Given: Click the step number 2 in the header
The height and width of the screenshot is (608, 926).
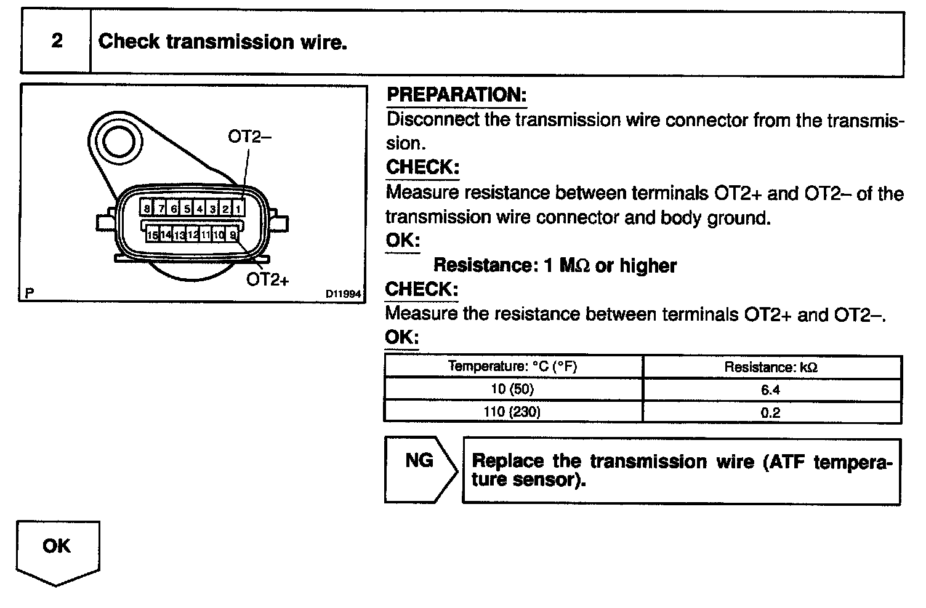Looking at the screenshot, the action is click(x=57, y=41).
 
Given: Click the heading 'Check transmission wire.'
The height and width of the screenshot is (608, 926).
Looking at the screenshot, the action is click(x=222, y=41).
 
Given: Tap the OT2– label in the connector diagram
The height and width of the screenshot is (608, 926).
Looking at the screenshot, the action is click(x=249, y=136).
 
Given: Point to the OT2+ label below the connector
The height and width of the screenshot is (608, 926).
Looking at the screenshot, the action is click(x=267, y=279).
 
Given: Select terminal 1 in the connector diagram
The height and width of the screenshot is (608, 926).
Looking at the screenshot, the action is click(x=238, y=209).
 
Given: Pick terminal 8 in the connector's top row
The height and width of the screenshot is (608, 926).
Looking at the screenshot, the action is click(x=147, y=209).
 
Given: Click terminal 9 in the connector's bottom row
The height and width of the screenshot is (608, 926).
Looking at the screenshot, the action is click(x=233, y=234).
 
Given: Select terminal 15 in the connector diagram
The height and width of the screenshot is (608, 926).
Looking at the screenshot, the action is click(x=152, y=234).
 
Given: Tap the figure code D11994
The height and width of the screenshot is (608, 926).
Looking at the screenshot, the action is click(x=343, y=294).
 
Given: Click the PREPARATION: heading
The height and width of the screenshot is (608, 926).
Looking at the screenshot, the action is click(x=456, y=95).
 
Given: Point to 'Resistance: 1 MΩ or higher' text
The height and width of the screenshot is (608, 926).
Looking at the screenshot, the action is click(x=555, y=265).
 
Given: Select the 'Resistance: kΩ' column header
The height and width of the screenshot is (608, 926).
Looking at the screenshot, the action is click(x=771, y=367).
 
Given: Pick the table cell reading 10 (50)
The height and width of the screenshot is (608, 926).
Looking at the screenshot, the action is click(x=512, y=389).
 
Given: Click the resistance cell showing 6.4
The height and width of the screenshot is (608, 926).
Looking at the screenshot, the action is click(x=771, y=390).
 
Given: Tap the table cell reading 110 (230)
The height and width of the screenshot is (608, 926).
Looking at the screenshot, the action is click(x=512, y=412).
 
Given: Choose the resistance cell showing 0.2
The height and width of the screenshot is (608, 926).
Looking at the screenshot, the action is click(x=771, y=413).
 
